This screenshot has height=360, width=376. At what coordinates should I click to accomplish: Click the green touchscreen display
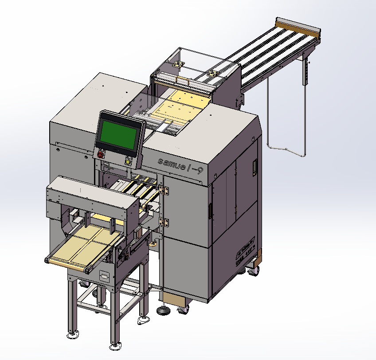118,133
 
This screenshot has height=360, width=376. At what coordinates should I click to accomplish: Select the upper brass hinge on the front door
165,191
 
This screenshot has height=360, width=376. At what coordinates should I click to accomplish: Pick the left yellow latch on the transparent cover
179,64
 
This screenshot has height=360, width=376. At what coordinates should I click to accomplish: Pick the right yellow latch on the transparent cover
213,72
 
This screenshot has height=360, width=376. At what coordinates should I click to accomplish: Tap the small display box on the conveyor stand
105,277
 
